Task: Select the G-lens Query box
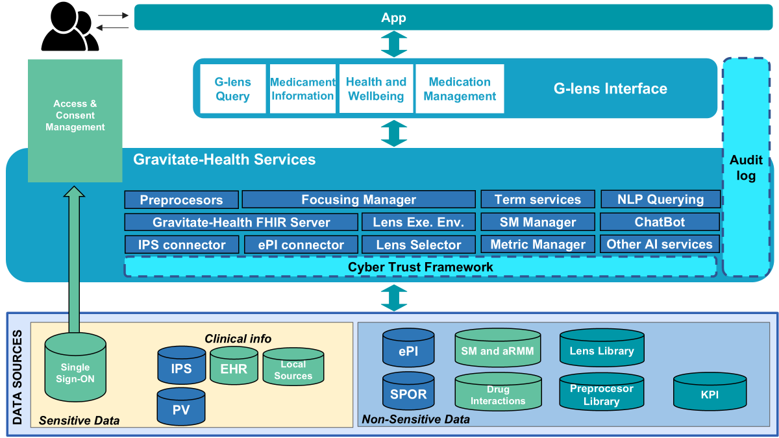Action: (232, 89)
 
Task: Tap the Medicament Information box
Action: (303, 89)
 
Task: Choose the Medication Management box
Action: (460, 89)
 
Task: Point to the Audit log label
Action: (746, 168)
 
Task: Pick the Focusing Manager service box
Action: (358, 200)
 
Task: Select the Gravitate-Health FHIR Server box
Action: (241, 223)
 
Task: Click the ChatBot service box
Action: (660, 223)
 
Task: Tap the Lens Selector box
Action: (418, 245)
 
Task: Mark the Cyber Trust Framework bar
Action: (420, 267)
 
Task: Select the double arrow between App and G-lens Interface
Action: (393, 44)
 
